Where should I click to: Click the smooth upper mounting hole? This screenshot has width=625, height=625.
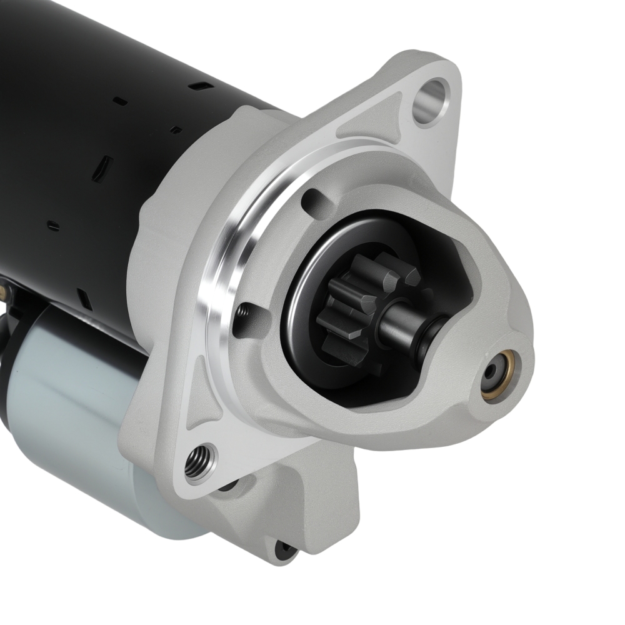[431, 99]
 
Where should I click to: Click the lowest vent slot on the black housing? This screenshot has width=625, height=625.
[84, 299]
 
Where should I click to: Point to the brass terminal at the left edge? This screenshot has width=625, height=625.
[5, 291]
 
